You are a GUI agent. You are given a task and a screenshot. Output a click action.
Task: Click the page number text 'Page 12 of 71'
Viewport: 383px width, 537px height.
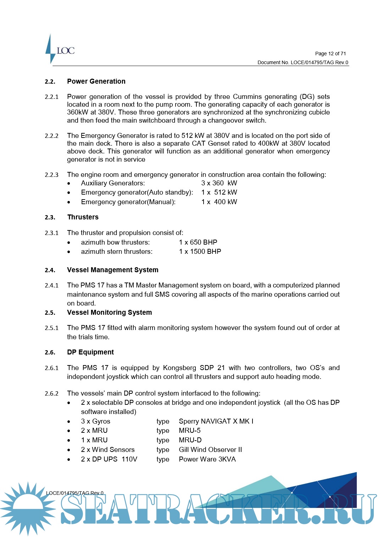coord(330,54)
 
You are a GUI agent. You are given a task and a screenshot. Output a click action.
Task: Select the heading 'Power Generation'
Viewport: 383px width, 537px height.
coord(96,81)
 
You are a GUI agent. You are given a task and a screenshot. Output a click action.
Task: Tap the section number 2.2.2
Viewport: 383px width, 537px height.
coord(51,136)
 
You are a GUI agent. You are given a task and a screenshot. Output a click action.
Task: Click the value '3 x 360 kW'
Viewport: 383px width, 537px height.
coord(219,183)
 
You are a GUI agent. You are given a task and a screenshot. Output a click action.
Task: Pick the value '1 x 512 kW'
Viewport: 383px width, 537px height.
coord(219,192)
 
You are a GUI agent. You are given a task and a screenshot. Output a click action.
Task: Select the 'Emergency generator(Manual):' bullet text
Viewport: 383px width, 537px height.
coord(128,202)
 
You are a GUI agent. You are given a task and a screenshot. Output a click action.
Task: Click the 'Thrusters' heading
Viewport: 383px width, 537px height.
coord(83,217)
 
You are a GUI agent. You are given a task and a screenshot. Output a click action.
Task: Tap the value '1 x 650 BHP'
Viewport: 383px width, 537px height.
coord(198,242)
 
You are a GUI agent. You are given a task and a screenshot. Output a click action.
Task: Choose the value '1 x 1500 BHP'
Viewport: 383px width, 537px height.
coord(200,252)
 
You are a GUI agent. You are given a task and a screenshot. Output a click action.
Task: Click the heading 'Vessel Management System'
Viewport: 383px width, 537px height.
coord(112,270)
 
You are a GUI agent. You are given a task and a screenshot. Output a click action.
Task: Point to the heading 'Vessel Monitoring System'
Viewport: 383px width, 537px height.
coord(109,312)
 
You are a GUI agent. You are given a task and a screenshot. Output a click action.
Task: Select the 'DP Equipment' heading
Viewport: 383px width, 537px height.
coord(90,352)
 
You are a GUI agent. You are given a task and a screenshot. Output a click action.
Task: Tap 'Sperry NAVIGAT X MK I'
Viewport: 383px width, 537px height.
coord(216,421)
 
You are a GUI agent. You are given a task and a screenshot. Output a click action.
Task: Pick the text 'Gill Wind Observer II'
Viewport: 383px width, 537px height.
coord(210,450)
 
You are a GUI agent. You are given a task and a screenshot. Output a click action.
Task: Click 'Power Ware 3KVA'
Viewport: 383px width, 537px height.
coord(207,459)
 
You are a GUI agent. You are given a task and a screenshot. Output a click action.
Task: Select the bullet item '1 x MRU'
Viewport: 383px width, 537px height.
coord(94,440)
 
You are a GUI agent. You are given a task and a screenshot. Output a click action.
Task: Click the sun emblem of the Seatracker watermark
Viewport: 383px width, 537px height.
coord(28,508)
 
